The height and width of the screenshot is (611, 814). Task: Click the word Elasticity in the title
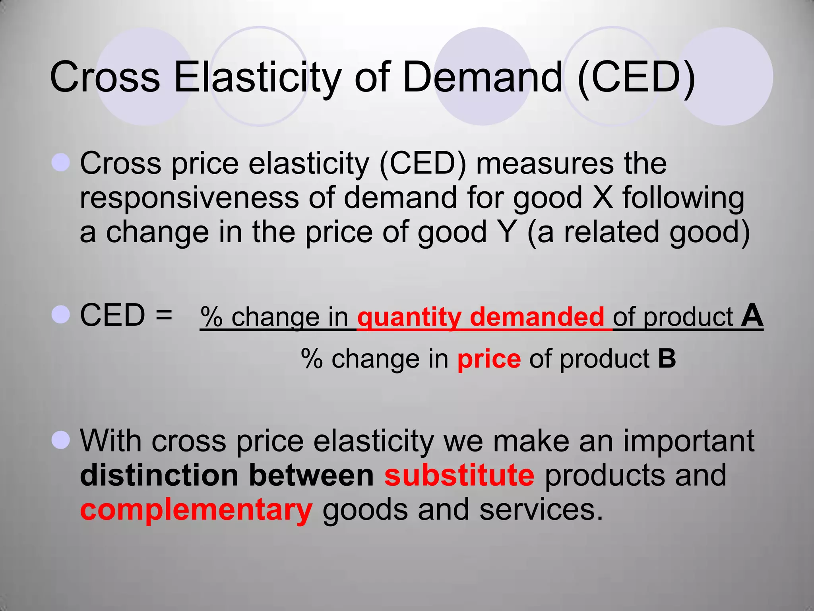pyautogui.click(x=258, y=77)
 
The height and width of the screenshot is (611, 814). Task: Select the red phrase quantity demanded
pyautogui.click(x=481, y=317)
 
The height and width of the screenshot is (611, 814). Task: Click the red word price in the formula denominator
pyautogui.click(x=489, y=359)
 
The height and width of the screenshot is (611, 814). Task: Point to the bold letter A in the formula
pyautogui.click(x=752, y=316)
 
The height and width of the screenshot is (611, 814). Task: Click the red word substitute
pyautogui.click(x=459, y=475)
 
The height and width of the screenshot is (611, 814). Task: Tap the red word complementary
pyautogui.click(x=196, y=510)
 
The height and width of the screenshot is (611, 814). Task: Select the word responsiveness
pyautogui.click(x=189, y=198)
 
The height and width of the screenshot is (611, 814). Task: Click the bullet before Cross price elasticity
pyautogui.click(x=61, y=163)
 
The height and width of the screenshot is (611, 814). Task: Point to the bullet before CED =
pyautogui.click(x=61, y=315)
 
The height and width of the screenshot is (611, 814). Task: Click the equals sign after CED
pyautogui.click(x=164, y=315)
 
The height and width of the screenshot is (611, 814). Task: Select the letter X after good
pyautogui.click(x=603, y=198)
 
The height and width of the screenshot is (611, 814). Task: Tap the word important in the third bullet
pyautogui.click(x=688, y=441)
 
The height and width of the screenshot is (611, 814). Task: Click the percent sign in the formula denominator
pyautogui.click(x=312, y=359)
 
